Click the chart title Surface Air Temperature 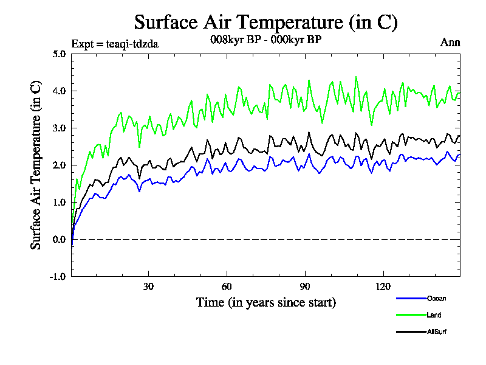(x=265, y=23)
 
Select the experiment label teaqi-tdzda (x=115, y=43)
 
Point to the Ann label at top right (x=450, y=43)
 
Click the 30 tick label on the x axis (x=148, y=287)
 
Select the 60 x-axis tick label (x=227, y=287)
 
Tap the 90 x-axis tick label (x=305, y=287)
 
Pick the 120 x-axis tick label (x=383, y=287)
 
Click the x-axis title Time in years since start (x=265, y=302)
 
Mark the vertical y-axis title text (x=36, y=165)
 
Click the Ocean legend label (x=436, y=299)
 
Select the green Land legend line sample (x=410, y=315)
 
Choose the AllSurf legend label (x=437, y=332)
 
